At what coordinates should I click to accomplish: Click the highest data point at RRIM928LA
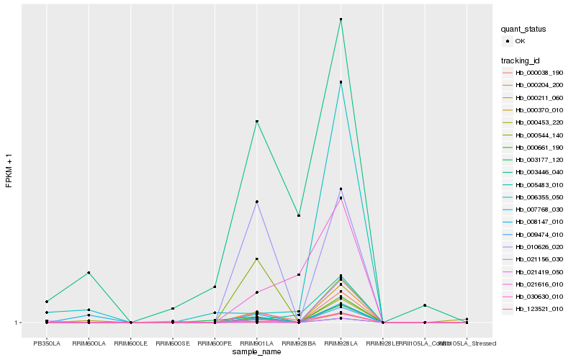341,19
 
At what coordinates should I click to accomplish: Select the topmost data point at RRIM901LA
257,121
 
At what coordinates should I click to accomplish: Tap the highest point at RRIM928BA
299,215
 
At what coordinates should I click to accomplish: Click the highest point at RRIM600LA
89,272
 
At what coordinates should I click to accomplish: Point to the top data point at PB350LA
47,301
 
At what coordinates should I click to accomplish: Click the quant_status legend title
524,30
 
